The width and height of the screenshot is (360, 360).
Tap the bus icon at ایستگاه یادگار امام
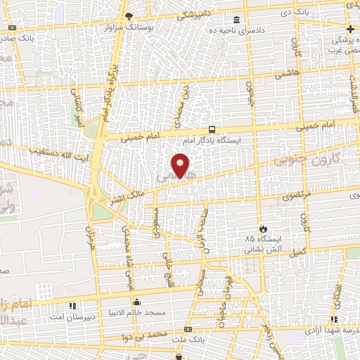point(212,130)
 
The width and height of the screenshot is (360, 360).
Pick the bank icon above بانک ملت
point(187,329)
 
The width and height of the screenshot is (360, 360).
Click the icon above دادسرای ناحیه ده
point(236,20)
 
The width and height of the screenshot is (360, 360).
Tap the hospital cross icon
point(350,29)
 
